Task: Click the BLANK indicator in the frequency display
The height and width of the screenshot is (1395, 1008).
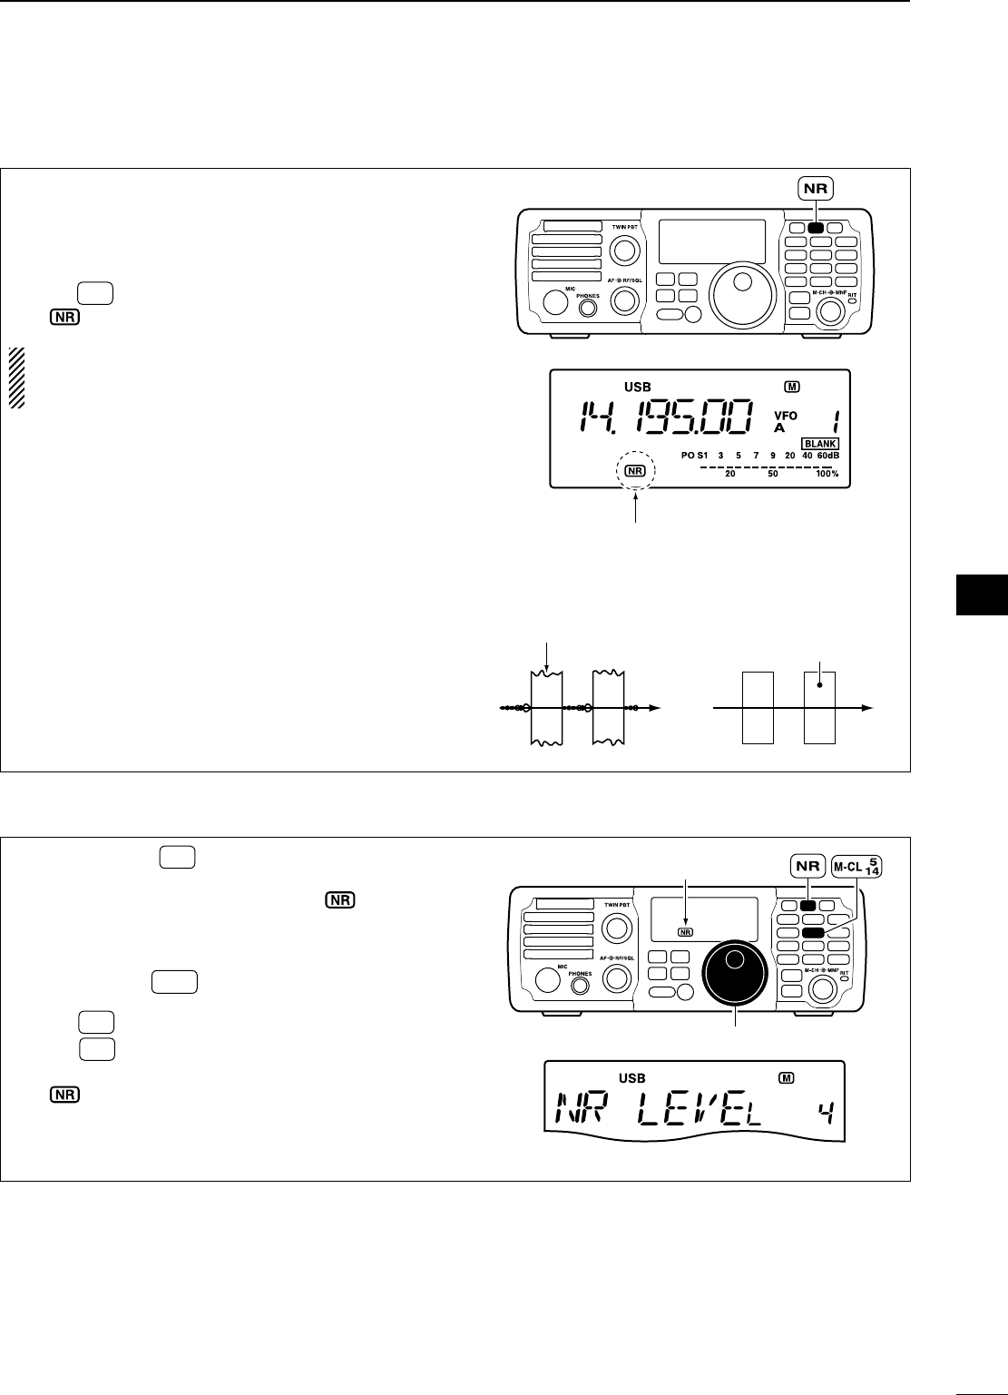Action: coord(819,443)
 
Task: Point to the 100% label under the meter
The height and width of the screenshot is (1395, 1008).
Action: coord(827,474)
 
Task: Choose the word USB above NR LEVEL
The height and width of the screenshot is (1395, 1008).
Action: coord(632,1078)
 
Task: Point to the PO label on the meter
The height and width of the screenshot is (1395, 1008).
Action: coord(689,456)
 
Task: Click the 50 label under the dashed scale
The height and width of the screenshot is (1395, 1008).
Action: coord(772,474)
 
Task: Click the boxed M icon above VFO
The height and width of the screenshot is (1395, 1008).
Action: coord(792,387)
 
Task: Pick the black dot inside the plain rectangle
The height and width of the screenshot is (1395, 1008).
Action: coord(819,687)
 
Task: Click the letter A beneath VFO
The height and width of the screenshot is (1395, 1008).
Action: coord(778,427)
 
